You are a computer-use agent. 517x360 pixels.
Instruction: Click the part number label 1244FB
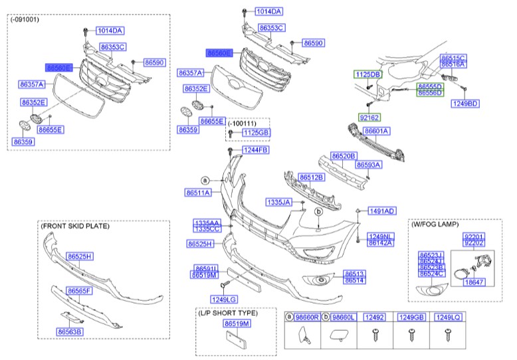click(x=255, y=151)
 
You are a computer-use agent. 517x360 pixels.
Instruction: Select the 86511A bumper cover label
click(x=198, y=193)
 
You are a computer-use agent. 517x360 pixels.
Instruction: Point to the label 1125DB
click(x=367, y=74)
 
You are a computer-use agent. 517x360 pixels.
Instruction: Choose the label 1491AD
click(x=382, y=211)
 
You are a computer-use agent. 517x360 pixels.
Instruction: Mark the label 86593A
click(x=368, y=164)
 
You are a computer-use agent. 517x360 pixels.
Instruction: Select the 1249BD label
click(x=465, y=104)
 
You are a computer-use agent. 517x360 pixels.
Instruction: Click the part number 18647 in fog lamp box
click(x=473, y=282)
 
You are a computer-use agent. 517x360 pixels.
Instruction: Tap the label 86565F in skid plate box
click(x=80, y=291)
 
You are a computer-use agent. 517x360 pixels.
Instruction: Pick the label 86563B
click(x=69, y=331)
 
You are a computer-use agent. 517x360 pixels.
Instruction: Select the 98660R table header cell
click(x=306, y=318)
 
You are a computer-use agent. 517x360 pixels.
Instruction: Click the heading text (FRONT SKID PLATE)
click(x=74, y=226)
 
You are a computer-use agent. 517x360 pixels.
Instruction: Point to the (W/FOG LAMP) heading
click(x=435, y=225)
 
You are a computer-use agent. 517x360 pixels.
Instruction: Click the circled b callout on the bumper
click(x=318, y=211)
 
